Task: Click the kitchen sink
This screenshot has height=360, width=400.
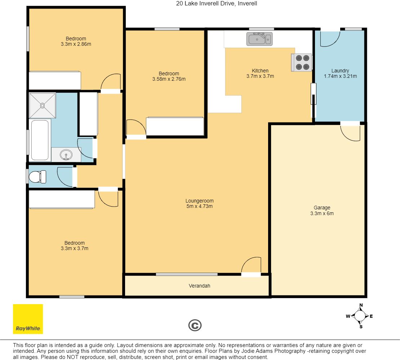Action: (259, 39)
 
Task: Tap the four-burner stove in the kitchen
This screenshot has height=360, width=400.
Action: (302, 62)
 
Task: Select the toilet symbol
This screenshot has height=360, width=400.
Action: (37, 177)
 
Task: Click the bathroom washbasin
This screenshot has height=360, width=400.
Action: (66, 155)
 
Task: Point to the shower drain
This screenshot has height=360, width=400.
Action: (43, 105)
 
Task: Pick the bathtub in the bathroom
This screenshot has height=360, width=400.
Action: (40, 140)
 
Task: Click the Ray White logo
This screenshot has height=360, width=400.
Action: (28, 319)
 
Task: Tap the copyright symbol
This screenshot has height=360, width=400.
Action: (195, 325)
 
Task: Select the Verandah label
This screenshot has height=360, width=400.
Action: (200, 286)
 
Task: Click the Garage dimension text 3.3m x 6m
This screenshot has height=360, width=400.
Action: (322, 214)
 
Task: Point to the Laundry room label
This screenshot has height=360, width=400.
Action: (340, 71)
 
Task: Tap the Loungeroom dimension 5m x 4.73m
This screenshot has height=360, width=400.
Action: (200, 206)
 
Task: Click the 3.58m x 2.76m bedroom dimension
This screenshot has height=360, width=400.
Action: (169, 79)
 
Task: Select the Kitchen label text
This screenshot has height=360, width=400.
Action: (260, 71)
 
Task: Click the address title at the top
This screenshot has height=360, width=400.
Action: (217, 4)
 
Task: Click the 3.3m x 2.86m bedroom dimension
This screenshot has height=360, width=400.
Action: (76, 44)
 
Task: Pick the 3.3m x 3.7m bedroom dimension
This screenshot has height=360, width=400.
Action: (75, 249)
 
